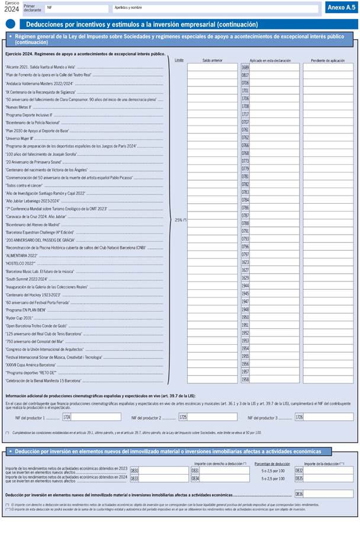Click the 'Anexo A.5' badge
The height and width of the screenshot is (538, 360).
tap(341, 7)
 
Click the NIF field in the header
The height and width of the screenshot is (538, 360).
tap(77, 9)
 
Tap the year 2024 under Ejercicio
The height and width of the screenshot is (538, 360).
tap(11, 9)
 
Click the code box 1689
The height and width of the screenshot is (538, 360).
tap(245, 68)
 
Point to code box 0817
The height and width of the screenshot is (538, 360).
tap(245, 75)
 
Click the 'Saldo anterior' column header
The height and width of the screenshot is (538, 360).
tap(212, 60)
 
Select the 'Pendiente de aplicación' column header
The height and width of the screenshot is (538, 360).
tap(328, 60)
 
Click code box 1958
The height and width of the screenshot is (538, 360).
tap(245, 380)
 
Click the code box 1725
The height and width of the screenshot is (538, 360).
tap(183, 417)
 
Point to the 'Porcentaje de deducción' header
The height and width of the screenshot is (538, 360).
tap(272, 463)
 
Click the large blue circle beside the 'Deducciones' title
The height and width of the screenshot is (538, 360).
tap(11, 24)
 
